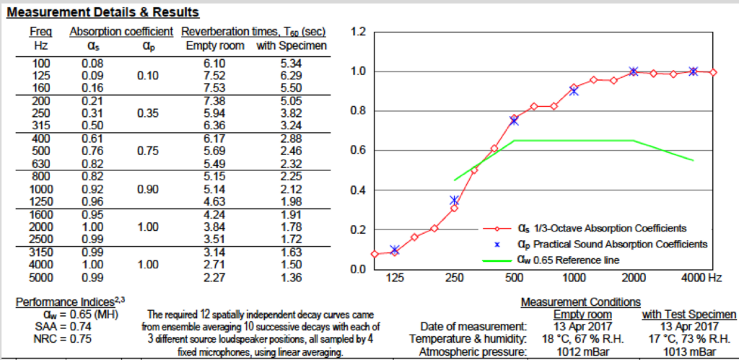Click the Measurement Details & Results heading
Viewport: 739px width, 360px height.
pyautogui.click(x=102, y=13)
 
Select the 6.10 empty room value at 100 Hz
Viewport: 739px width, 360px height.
pyautogui.click(x=215, y=63)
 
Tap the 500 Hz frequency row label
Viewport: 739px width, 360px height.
pyautogui.click(x=41, y=152)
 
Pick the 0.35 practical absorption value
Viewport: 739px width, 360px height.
pyautogui.click(x=147, y=113)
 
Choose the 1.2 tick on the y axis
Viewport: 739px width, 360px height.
pyautogui.click(x=358, y=32)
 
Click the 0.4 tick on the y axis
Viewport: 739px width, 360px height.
pyautogui.click(x=358, y=190)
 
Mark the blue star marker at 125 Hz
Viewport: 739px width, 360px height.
pyautogui.click(x=394, y=250)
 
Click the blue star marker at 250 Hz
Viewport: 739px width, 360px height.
pyautogui.click(x=454, y=200)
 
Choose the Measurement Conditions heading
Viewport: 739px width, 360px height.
pyautogui.click(x=580, y=302)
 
